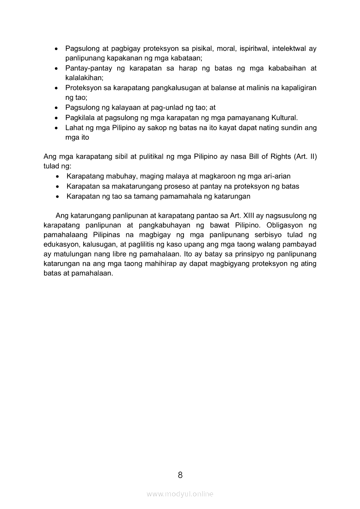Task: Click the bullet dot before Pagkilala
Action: [56, 118]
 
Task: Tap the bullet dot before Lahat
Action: [56, 128]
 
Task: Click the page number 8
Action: [180, 475]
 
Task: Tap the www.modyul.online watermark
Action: [180, 494]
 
